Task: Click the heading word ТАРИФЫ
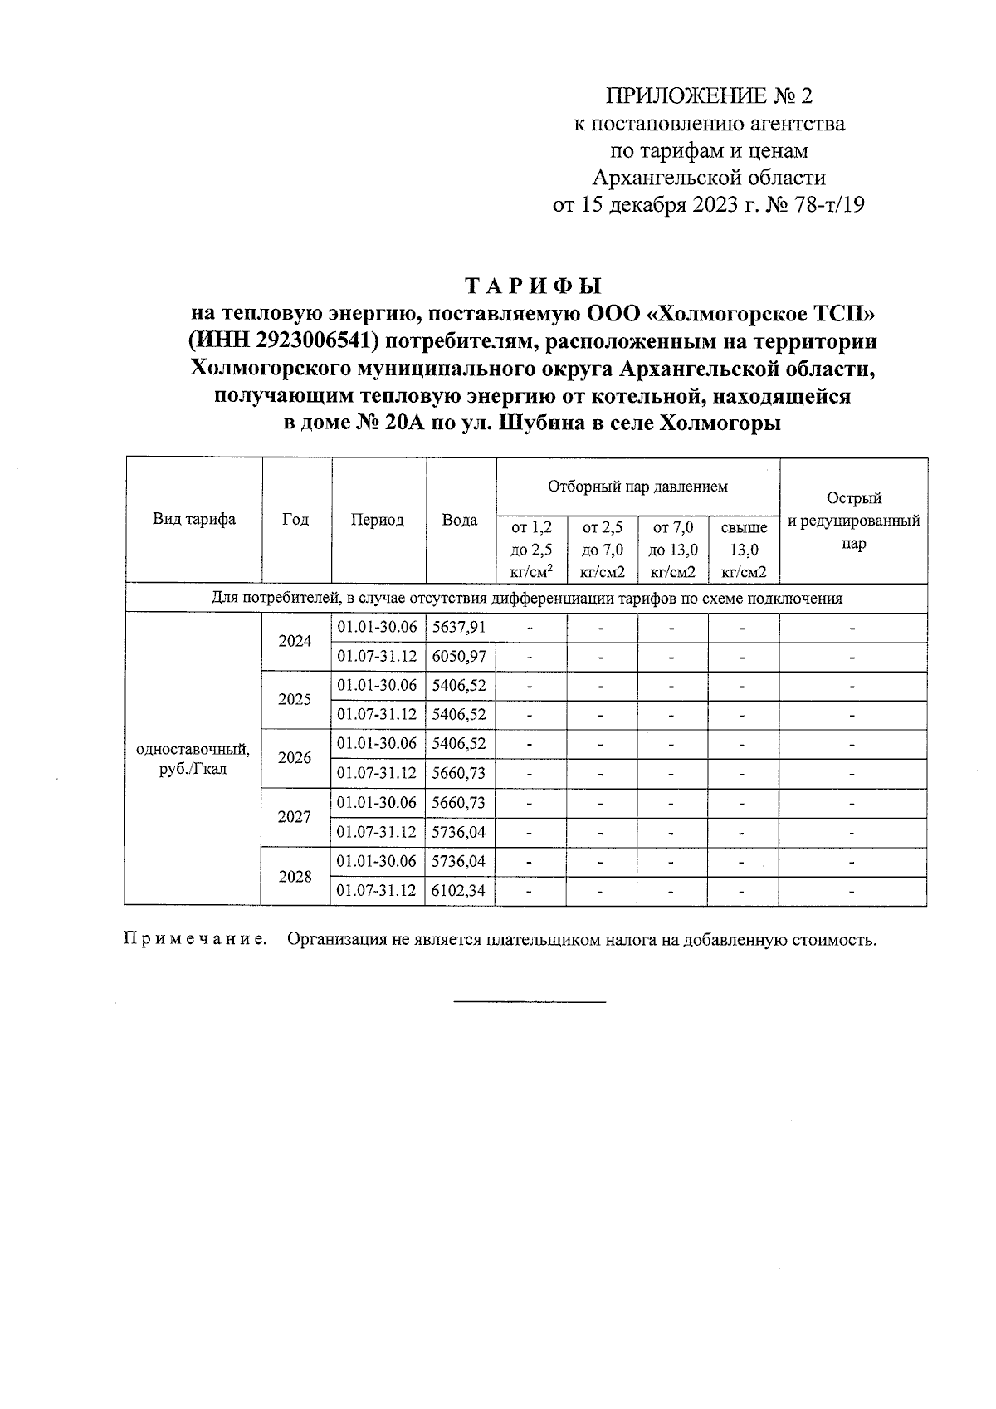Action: pos(532,287)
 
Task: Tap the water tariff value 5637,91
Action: pos(459,627)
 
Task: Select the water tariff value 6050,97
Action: pos(459,657)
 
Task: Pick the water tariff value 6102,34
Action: pos(459,891)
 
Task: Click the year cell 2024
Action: pos(295,642)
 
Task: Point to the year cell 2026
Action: pos(295,758)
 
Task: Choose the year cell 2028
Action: pos(295,877)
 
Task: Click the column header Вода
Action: pos(460,521)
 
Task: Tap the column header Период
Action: pos(378,521)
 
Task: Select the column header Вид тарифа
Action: pos(193,520)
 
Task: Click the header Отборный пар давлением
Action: pos(637,486)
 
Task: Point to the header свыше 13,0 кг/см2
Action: pos(744,550)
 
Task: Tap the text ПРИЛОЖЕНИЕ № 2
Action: pos(710,96)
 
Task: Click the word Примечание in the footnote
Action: pos(195,941)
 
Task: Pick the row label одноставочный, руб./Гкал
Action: pos(193,759)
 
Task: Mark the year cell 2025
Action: pos(295,699)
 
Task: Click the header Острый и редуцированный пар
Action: pos(853,521)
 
